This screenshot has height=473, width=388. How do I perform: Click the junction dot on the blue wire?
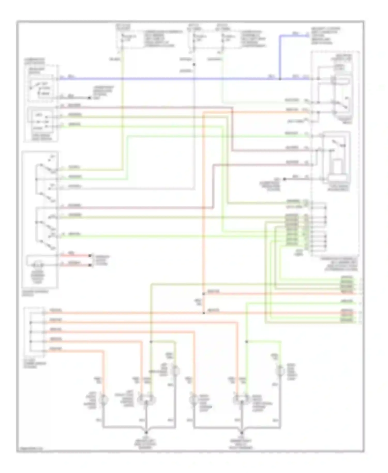coord(280,79)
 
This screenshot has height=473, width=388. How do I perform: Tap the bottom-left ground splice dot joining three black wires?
coord(146,432)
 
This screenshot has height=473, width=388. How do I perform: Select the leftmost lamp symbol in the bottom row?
coord(104,400)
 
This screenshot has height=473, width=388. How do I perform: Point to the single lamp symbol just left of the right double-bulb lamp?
coord(193,400)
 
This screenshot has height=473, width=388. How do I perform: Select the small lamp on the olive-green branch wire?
coord(176,371)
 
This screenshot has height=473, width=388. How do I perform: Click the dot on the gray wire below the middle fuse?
coord(194,64)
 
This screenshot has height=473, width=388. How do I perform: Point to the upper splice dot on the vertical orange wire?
coord(204,294)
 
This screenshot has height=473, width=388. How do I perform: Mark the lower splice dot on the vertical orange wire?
coord(204,313)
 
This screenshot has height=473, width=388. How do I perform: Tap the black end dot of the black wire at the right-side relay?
coord(284,179)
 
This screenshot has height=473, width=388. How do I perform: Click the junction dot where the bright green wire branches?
coord(247,342)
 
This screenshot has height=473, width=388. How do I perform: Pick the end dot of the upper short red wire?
coord(90,255)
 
